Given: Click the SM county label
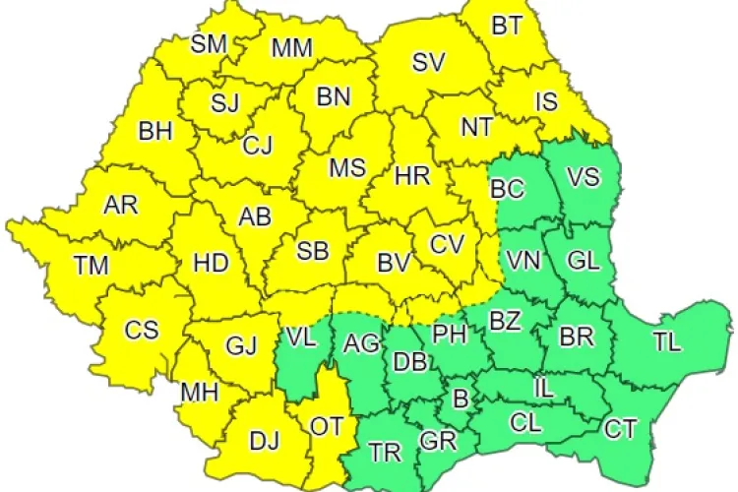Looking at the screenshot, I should [x=208, y=42].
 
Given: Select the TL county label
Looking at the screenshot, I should [x=666, y=343].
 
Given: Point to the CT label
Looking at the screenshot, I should [x=620, y=429].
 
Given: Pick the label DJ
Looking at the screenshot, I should [x=264, y=442].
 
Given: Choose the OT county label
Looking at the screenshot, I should [x=326, y=426].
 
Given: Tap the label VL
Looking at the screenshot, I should [x=301, y=337].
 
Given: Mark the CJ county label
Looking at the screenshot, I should [x=257, y=147].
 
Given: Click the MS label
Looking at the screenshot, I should [x=347, y=167].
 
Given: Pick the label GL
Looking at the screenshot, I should [x=583, y=261].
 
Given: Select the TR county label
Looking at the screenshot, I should [x=385, y=453].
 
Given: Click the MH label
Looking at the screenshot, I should [x=199, y=394].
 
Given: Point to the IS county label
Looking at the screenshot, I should [x=547, y=99].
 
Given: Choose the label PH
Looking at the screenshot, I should [x=449, y=333].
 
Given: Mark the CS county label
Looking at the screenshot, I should [x=141, y=330].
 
